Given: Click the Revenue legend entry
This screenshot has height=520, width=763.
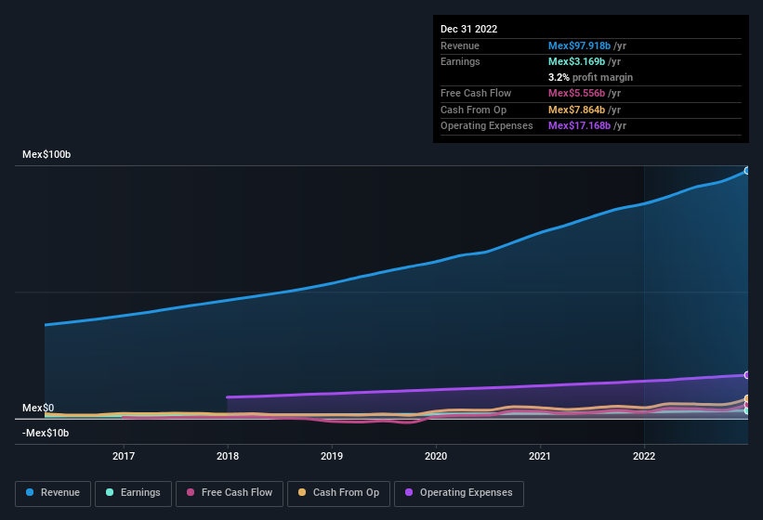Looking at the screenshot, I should (x=52, y=493).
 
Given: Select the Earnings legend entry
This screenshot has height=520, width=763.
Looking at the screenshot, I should (x=133, y=493).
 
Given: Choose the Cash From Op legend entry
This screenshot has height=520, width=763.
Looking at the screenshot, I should (x=337, y=493).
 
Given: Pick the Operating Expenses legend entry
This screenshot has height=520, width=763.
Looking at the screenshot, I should (x=459, y=493).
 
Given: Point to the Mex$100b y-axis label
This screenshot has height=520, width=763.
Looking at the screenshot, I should (x=46, y=155).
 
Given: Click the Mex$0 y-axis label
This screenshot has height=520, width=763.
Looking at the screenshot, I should (x=38, y=409).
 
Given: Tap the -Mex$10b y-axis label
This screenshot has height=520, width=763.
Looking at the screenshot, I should (x=45, y=433).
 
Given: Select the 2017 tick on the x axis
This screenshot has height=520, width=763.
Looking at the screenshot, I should (x=124, y=456).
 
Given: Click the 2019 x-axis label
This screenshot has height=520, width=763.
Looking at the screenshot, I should (x=332, y=456).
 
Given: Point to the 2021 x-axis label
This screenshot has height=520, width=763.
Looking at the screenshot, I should (x=540, y=456).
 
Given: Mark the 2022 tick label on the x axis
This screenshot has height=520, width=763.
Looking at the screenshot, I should (x=644, y=456).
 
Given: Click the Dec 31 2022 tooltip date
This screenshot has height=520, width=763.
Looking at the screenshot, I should (x=468, y=29).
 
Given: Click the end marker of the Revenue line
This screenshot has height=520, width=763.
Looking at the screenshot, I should (x=746, y=171).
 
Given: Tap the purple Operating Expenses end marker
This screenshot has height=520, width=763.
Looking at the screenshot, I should (x=746, y=375).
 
